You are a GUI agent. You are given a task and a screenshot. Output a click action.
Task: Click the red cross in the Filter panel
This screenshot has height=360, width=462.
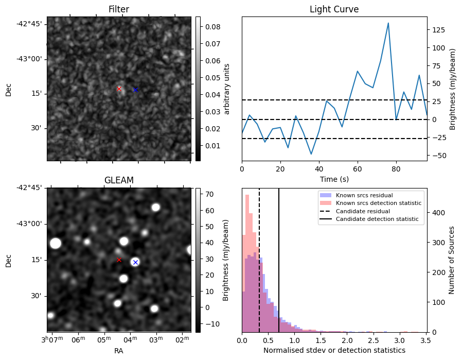coord(119,89)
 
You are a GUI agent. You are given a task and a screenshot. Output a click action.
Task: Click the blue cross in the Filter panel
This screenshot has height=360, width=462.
coord(135,90)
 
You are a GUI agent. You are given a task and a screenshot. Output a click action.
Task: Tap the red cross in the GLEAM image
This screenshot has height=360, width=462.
coord(119,260)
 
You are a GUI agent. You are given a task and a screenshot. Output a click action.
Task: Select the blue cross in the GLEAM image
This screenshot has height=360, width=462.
coord(135,262)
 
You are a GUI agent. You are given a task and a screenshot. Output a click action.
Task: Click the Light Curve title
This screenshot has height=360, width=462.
coord(334,9)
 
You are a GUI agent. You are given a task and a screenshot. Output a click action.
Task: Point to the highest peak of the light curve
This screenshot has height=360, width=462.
coord(388,23)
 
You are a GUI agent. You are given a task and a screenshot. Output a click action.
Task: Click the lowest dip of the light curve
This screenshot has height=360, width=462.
coord(311,154)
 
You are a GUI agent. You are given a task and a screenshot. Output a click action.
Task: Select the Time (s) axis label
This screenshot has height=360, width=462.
coord(334,178)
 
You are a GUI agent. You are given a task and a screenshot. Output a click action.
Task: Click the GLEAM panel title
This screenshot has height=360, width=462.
coord(119,180)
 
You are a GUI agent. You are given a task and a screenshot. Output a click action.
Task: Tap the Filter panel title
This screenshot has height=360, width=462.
coord(119,9)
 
